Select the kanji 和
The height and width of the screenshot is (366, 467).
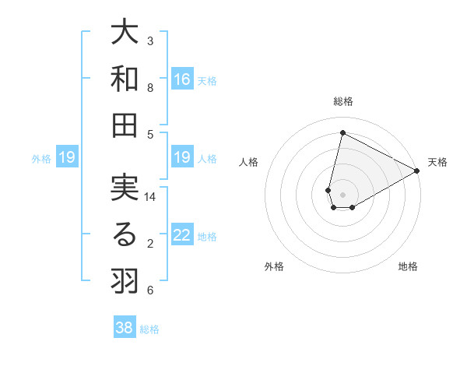pos(125,79)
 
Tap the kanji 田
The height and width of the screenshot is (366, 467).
pos(125,125)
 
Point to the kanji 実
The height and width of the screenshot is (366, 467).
pos(125,190)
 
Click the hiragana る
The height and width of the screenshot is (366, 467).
pos(125,235)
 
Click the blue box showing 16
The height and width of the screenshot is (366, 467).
pos(182,79)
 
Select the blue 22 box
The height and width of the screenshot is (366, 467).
pos(182,236)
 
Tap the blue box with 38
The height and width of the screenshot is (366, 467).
pos(125,328)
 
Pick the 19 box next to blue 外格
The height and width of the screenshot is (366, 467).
pos(66,158)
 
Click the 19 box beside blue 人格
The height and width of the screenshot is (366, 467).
pos(182,158)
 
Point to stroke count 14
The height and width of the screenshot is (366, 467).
pos(150,198)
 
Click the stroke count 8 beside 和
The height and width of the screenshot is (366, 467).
pos(150,87)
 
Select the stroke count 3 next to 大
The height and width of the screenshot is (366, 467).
pos(150,41)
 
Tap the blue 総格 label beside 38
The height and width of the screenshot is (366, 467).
pos(149,329)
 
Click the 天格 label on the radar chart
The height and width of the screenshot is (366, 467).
pos(437,162)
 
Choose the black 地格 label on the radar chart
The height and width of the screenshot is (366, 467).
pos(408,266)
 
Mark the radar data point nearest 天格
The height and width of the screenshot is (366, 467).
pos(417,171)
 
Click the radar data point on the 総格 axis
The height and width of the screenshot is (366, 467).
pos(342,132)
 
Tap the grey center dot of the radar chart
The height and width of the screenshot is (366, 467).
pos(342,193)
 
